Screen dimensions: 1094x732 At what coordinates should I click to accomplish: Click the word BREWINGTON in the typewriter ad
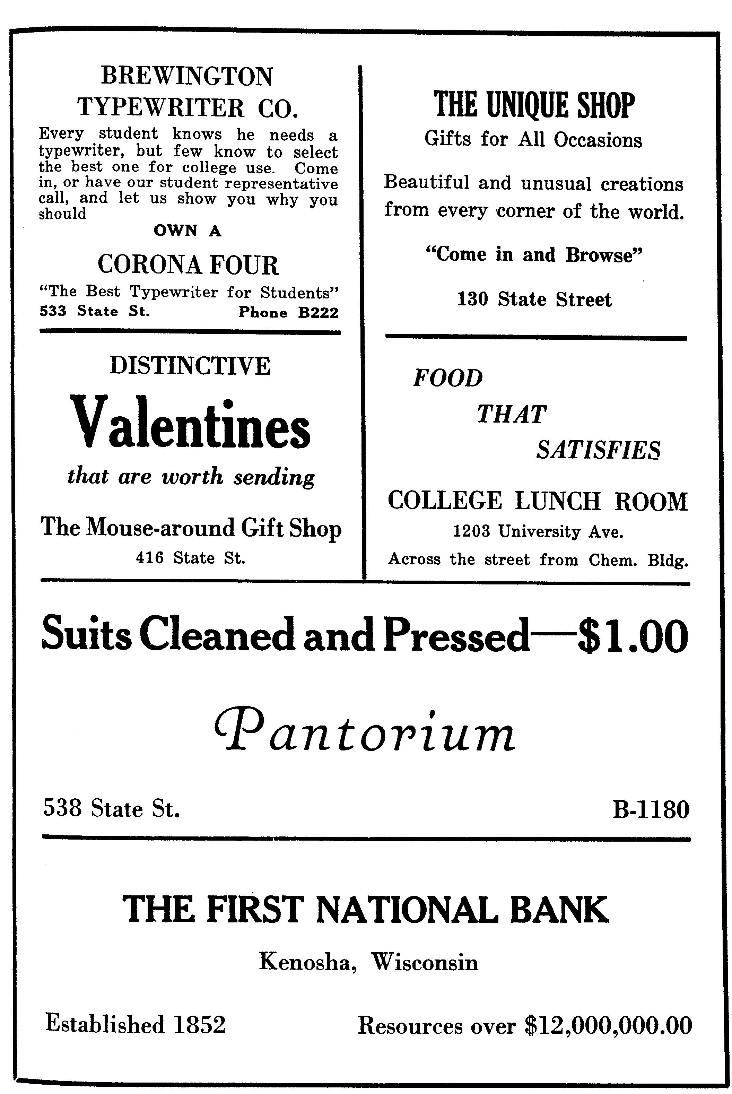click(x=187, y=76)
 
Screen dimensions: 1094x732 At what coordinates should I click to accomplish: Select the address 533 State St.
click(x=95, y=311)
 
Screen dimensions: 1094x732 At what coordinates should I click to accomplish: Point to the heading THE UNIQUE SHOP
click(x=534, y=105)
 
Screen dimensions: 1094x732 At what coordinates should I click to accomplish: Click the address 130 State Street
click(x=534, y=299)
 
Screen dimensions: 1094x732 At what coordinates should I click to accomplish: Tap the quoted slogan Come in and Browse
click(x=534, y=255)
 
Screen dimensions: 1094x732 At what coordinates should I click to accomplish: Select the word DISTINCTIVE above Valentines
click(x=190, y=366)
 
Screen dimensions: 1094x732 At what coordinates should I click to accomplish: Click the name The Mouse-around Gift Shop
click(x=191, y=528)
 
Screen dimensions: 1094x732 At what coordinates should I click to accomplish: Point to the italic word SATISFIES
click(x=599, y=450)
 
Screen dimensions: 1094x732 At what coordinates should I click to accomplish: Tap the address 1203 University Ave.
click(x=538, y=531)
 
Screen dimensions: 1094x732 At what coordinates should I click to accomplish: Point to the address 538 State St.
click(x=112, y=808)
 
